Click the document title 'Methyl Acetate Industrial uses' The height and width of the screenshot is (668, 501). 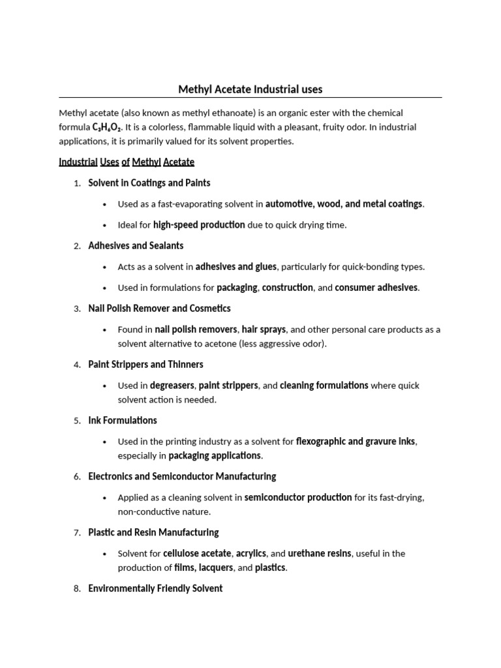click(250, 89)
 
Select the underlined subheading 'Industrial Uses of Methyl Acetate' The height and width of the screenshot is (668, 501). click(127, 162)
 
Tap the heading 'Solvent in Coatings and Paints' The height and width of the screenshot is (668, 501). click(149, 183)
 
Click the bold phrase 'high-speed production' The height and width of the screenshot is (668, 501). click(199, 225)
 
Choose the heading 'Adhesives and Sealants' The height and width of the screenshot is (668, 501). click(136, 246)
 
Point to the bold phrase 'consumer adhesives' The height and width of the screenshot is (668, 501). click(376, 288)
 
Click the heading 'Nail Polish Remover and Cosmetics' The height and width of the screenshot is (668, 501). click(159, 309)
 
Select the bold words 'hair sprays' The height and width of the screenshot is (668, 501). click(264, 329)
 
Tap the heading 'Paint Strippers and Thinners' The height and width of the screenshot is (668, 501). click(145, 365)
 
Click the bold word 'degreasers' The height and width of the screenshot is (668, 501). click(172, 386)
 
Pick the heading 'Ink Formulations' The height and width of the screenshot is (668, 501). click(123, 421)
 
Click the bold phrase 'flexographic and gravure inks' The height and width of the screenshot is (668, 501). click(356, 442)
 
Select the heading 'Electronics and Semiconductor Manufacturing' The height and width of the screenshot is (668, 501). click(182, 477)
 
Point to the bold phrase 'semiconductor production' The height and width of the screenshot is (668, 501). click(298, 498)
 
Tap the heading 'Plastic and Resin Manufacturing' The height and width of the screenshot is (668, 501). click(153, 533)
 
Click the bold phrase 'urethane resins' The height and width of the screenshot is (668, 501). click(320, 554)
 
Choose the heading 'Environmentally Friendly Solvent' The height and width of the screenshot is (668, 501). click(155, 589)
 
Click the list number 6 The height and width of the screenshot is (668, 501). click(77, 477)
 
